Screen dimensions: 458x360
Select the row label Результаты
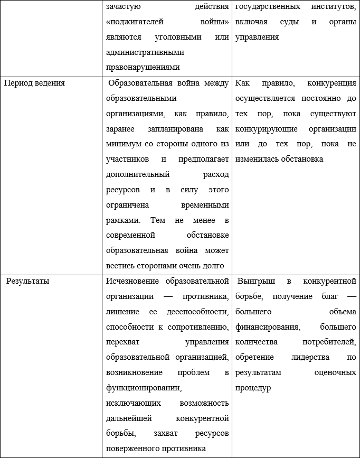(27, 281)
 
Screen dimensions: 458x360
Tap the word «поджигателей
(135, 23)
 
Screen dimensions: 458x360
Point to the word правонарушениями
(143, 67)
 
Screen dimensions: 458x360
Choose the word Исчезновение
(133, 281)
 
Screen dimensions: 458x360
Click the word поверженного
(134, 449)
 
